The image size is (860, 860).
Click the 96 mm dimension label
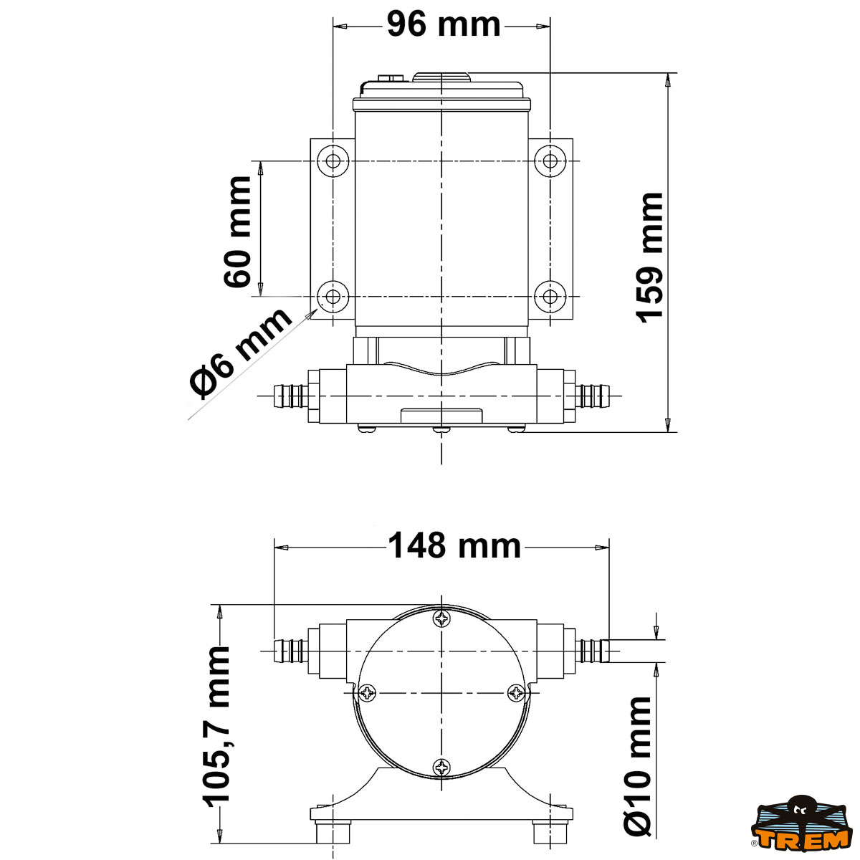point(444,24)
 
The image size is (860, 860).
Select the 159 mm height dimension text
point(651,257)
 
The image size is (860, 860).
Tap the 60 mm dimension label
point(238,231)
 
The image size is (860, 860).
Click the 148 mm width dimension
point(454,546)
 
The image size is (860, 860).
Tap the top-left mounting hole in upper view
point(333,161)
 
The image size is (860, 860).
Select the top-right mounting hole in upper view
point(550,161)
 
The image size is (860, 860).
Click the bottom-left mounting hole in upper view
point(333,295)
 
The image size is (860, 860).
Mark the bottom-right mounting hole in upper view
point(550,295)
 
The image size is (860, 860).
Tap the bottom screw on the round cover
point(442,768)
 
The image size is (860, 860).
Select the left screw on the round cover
point(368,692)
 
